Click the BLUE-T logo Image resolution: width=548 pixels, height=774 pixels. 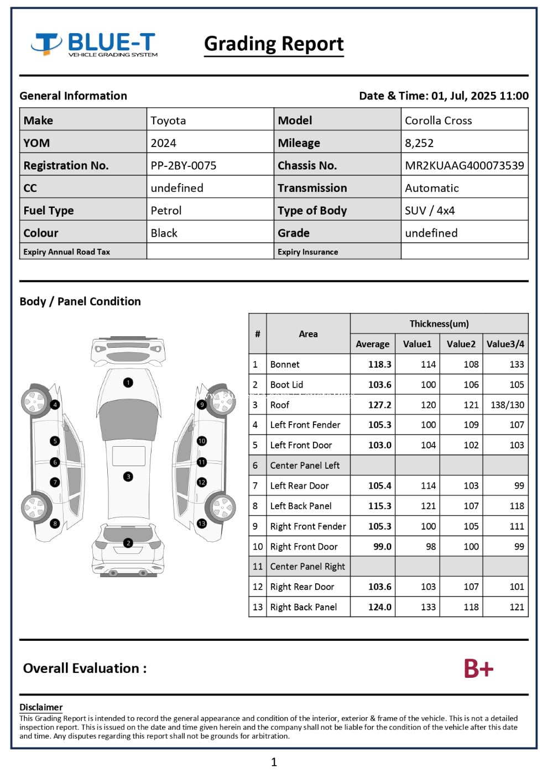(x=95, y=44)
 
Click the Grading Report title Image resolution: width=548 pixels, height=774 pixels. (x=274, y=44)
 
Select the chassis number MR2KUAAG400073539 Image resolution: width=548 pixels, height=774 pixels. (x=464, y=165)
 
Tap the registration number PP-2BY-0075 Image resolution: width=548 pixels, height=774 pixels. (x=183, y=165)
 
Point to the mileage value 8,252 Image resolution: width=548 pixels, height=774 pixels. (x=419, y=143)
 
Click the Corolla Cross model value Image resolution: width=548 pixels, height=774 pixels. (x=438, y=121)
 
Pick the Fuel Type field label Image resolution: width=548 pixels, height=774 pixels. (x=49, y=211)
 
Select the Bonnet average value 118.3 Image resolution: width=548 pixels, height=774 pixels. (x=379, y=364)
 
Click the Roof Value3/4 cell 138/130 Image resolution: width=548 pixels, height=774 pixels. (x=507, y=405)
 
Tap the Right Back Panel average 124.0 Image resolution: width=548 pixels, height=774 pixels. (x=379, y=607)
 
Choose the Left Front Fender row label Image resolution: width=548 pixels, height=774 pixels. (x=305, y=425)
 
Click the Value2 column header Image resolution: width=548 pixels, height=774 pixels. (x=461, y=344)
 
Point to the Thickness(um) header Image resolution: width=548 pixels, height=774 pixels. (x=439, y=323)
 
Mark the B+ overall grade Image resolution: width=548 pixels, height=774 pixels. (x=478, y=668)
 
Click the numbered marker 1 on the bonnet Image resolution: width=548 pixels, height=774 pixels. (x=128, y=382)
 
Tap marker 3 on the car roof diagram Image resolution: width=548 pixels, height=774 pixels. (x=128, y=477)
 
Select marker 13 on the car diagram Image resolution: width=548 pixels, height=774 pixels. (x=202, y=523)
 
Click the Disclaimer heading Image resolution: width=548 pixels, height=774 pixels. (x=41, y=707)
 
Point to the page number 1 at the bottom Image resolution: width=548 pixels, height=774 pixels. (x=274, y=762)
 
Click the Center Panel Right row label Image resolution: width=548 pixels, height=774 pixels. (x=307, y=567)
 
